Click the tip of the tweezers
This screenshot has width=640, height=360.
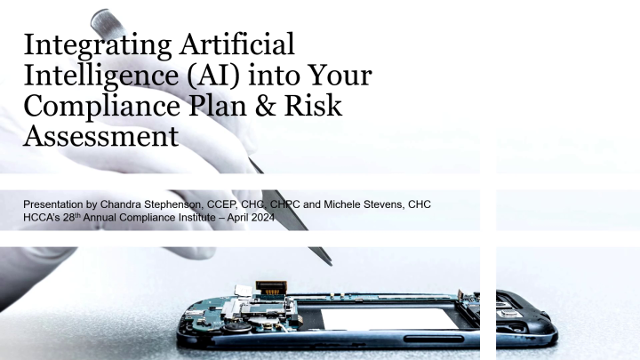330,263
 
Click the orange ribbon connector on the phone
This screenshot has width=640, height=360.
267,287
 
